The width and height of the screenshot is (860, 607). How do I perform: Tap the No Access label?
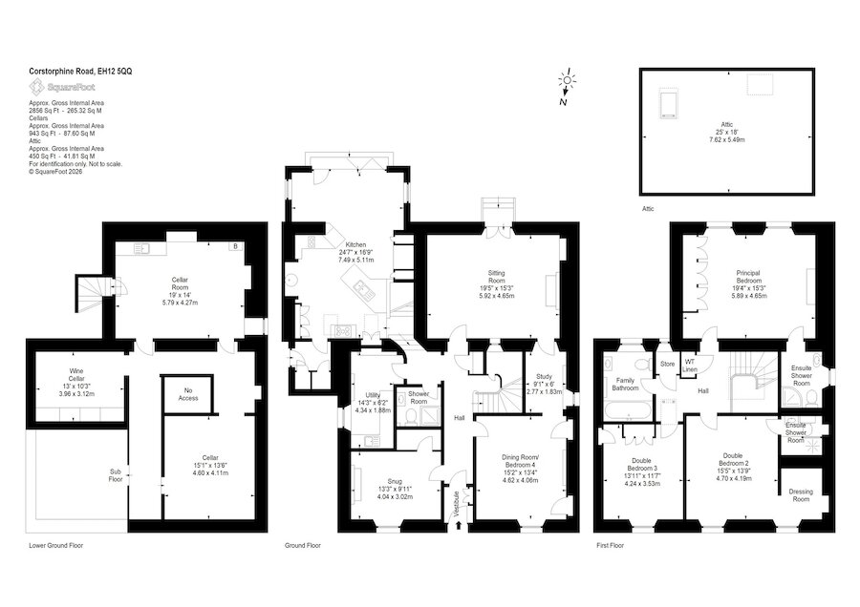(188, 394)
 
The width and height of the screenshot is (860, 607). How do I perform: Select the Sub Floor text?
(116, 475)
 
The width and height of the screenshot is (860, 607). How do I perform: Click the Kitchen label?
(355, 244)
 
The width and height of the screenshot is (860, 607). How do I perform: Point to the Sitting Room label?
(496, 277)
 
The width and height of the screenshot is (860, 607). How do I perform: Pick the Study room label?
(544, 376)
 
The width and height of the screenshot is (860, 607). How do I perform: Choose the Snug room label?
(395, 482)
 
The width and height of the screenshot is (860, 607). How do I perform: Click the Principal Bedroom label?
(748, 277)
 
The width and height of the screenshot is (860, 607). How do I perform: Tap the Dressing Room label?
(801, 495)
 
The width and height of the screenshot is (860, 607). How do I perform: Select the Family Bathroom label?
(625, 384)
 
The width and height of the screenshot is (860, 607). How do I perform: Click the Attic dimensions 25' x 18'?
(727, 132)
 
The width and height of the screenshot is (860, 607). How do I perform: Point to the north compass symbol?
(566, 86)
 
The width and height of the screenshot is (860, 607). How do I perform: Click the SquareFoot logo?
(62, 87)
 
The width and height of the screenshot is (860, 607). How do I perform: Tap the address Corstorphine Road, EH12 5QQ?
(80, 72)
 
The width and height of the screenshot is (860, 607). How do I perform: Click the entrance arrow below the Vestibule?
(459, 526)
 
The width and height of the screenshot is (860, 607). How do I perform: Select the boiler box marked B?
(235, 246)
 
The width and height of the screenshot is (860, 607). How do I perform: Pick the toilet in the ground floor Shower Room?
(407, 417)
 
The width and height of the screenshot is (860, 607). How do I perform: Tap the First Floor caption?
(610, 546)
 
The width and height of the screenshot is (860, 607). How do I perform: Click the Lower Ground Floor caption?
(56, 546)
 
